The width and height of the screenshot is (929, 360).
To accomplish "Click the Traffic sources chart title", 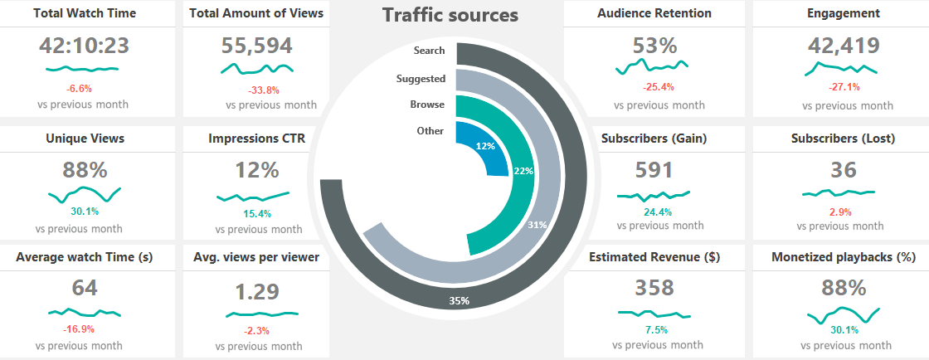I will tap(450, 15).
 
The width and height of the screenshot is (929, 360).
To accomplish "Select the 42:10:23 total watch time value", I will tap(83, 46).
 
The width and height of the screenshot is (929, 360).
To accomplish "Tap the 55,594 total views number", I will tap(257, 46).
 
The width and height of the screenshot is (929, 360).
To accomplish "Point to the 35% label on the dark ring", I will tap(460, 301).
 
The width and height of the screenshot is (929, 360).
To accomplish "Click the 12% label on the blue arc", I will tap(485, 146).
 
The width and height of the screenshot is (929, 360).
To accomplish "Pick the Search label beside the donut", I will tap(429, 51).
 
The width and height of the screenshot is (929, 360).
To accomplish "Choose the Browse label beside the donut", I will tap(427, 105).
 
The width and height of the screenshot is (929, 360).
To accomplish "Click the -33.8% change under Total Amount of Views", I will tap(264, 90).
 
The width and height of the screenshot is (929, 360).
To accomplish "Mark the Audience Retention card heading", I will tap(654, 13).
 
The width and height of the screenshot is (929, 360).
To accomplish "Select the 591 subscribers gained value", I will tap(654, 169).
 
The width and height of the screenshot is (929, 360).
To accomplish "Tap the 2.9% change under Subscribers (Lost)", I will tap(841, 212).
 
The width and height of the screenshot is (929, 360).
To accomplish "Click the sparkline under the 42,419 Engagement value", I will tap(841, 71).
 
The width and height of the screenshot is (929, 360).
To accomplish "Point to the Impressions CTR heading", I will tap(256, 139).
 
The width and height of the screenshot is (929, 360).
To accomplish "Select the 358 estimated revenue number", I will tap(654, 288).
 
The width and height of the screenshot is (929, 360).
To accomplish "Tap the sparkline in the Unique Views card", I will tap(85, 195).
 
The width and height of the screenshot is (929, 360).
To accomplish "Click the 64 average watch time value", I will tap(85, 288).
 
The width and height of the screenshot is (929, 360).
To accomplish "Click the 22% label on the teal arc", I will tap(523, 171).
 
